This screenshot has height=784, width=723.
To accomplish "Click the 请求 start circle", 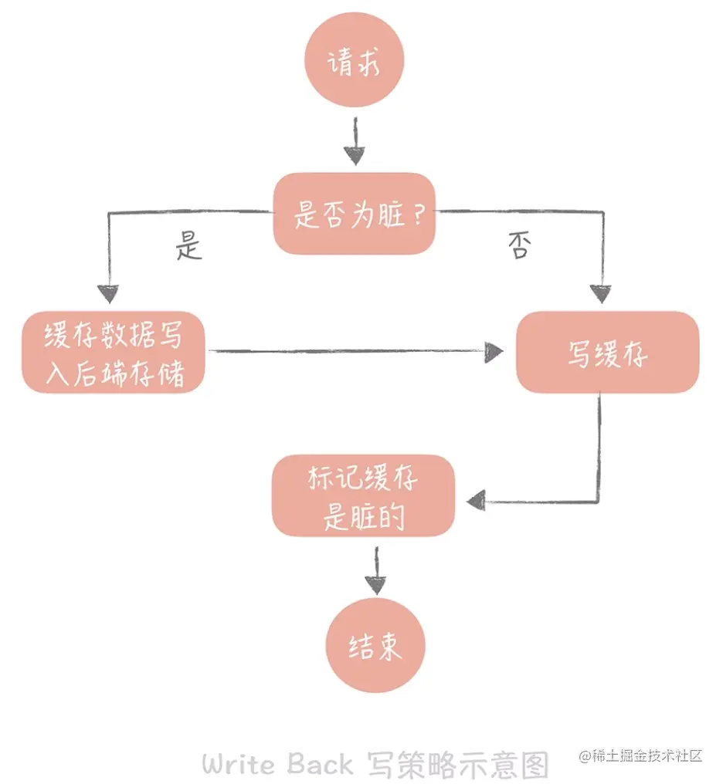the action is point(355,60).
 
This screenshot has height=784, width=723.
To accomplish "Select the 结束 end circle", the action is point(375,645).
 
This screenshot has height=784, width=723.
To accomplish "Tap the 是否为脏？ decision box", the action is point(354,214).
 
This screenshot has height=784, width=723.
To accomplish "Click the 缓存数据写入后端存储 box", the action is point(114,353).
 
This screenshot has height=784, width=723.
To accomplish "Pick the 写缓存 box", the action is point(607,353).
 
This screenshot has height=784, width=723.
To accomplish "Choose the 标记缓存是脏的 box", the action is point(364,496).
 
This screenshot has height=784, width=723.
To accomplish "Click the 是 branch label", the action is point(189,245).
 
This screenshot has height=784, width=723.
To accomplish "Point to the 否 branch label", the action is point(520,245).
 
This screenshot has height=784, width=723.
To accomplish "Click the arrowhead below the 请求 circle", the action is point(355,156).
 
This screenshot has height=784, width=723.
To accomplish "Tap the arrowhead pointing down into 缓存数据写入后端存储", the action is point(108,294).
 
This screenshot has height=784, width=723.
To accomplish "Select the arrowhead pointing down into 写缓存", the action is point(600,294).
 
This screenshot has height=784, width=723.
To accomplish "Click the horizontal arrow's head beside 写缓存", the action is point(494,353).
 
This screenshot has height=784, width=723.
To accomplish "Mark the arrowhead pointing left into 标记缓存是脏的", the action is point(477,501).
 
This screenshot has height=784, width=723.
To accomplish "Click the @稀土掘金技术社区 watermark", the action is point(640,756).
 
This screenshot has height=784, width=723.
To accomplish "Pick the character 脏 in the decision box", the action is point(392,215).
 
